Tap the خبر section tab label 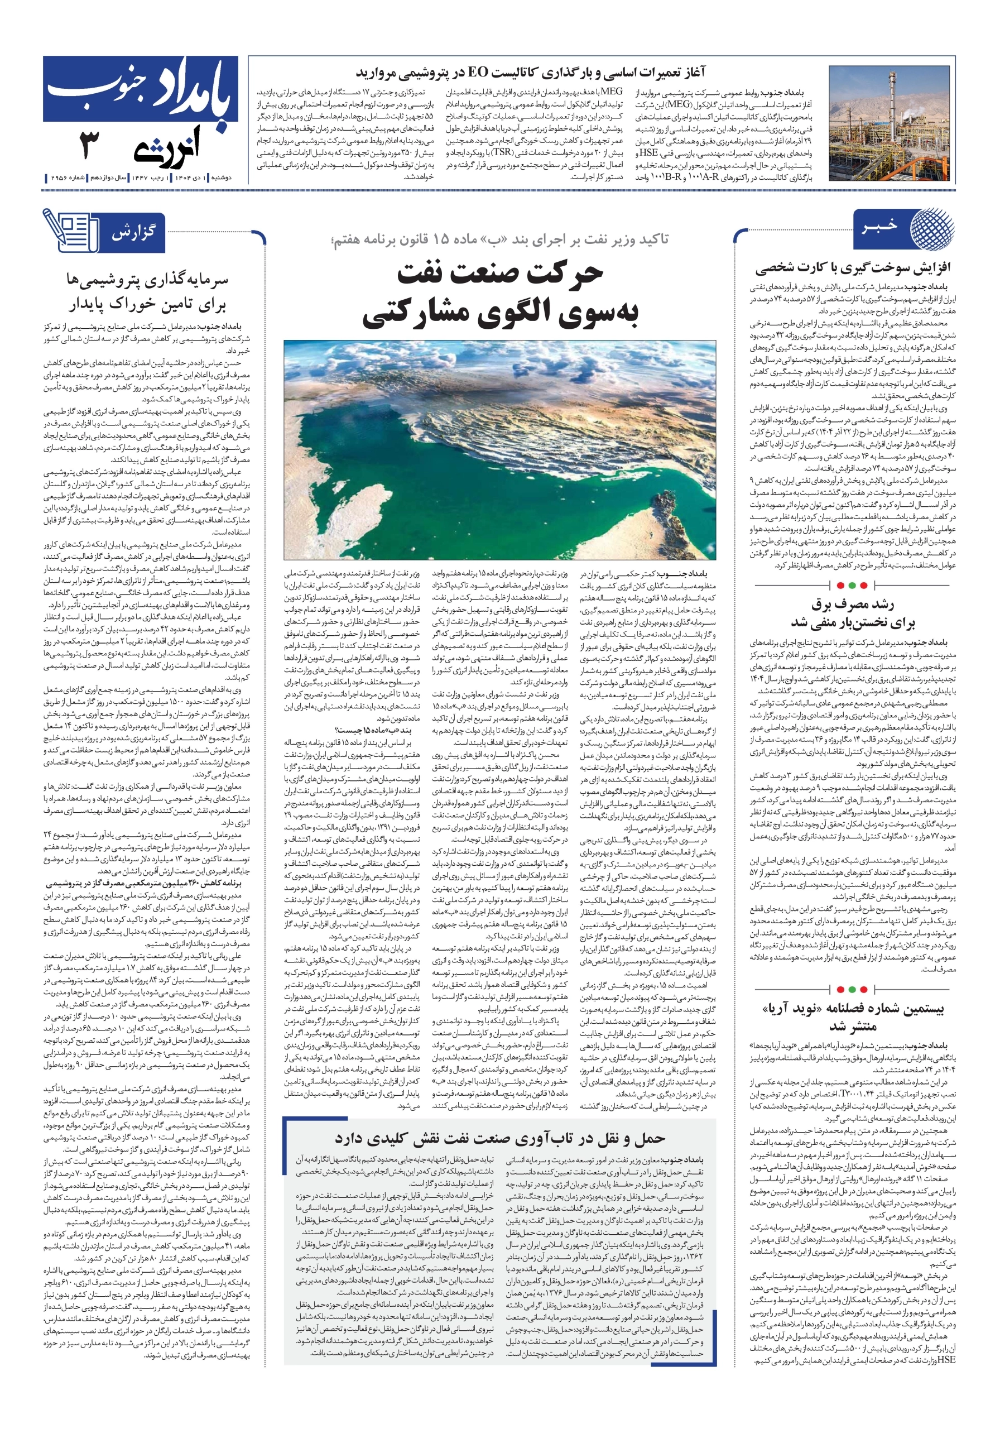point(879,226)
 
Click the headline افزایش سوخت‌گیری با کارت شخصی point(853,268)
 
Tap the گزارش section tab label point(133,233)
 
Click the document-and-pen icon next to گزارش point(70,231)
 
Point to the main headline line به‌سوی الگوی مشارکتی point(499,313)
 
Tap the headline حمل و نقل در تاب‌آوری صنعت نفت point(499,1138)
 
